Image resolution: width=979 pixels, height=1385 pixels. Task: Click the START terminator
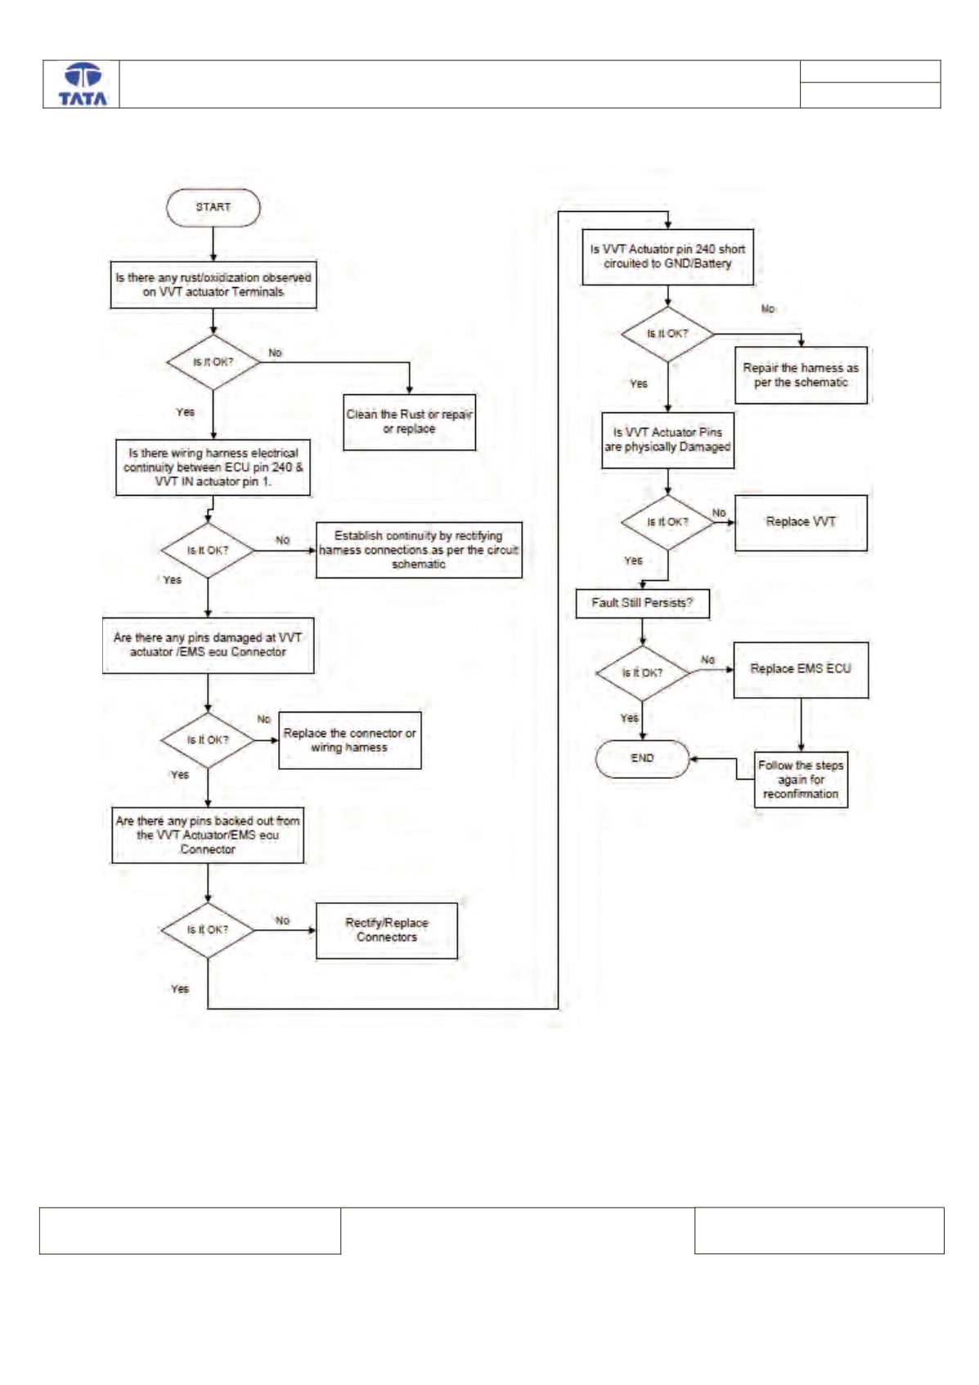(x=213, y=207)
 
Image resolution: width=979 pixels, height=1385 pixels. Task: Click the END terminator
(x=642, y=758)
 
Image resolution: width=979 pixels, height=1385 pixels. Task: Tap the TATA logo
(x=83, y=84)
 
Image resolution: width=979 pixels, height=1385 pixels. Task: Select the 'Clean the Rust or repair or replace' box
(x=409, y=421)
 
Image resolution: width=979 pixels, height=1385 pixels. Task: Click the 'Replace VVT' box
(x=801, y=523)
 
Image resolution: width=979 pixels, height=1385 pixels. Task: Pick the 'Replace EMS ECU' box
(x=801, y=670)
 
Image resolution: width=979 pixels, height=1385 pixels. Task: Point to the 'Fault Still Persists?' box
(x=643, y=603)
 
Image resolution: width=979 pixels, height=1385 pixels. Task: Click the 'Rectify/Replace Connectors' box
(x=387, y=930)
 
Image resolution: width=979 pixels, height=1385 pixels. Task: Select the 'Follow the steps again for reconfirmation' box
(x=801, y=779)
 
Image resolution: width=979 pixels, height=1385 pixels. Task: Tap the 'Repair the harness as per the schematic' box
(x=801, y=375)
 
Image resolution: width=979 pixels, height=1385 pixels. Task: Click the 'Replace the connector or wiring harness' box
(x=350, y=740)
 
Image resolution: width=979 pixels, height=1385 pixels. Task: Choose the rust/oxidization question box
(x=213, y=285)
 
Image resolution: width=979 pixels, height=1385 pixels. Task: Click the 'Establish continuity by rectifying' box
(x=419, y=550)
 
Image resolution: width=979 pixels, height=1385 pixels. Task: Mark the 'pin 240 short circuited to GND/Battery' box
(x=668, y=257)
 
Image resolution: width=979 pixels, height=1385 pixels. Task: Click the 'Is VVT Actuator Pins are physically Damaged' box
(x=668, y=440)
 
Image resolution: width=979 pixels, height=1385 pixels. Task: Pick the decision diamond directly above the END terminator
(x=643, y=673)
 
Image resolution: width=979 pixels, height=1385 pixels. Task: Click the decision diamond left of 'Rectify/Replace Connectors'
(x=208, y=930)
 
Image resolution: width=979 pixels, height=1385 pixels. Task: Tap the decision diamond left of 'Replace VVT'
(x=668, y=523)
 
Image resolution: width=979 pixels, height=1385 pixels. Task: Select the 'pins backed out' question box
(x=208, y=834)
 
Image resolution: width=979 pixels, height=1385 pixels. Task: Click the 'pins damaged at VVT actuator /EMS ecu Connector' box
(x=209, y=645)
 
